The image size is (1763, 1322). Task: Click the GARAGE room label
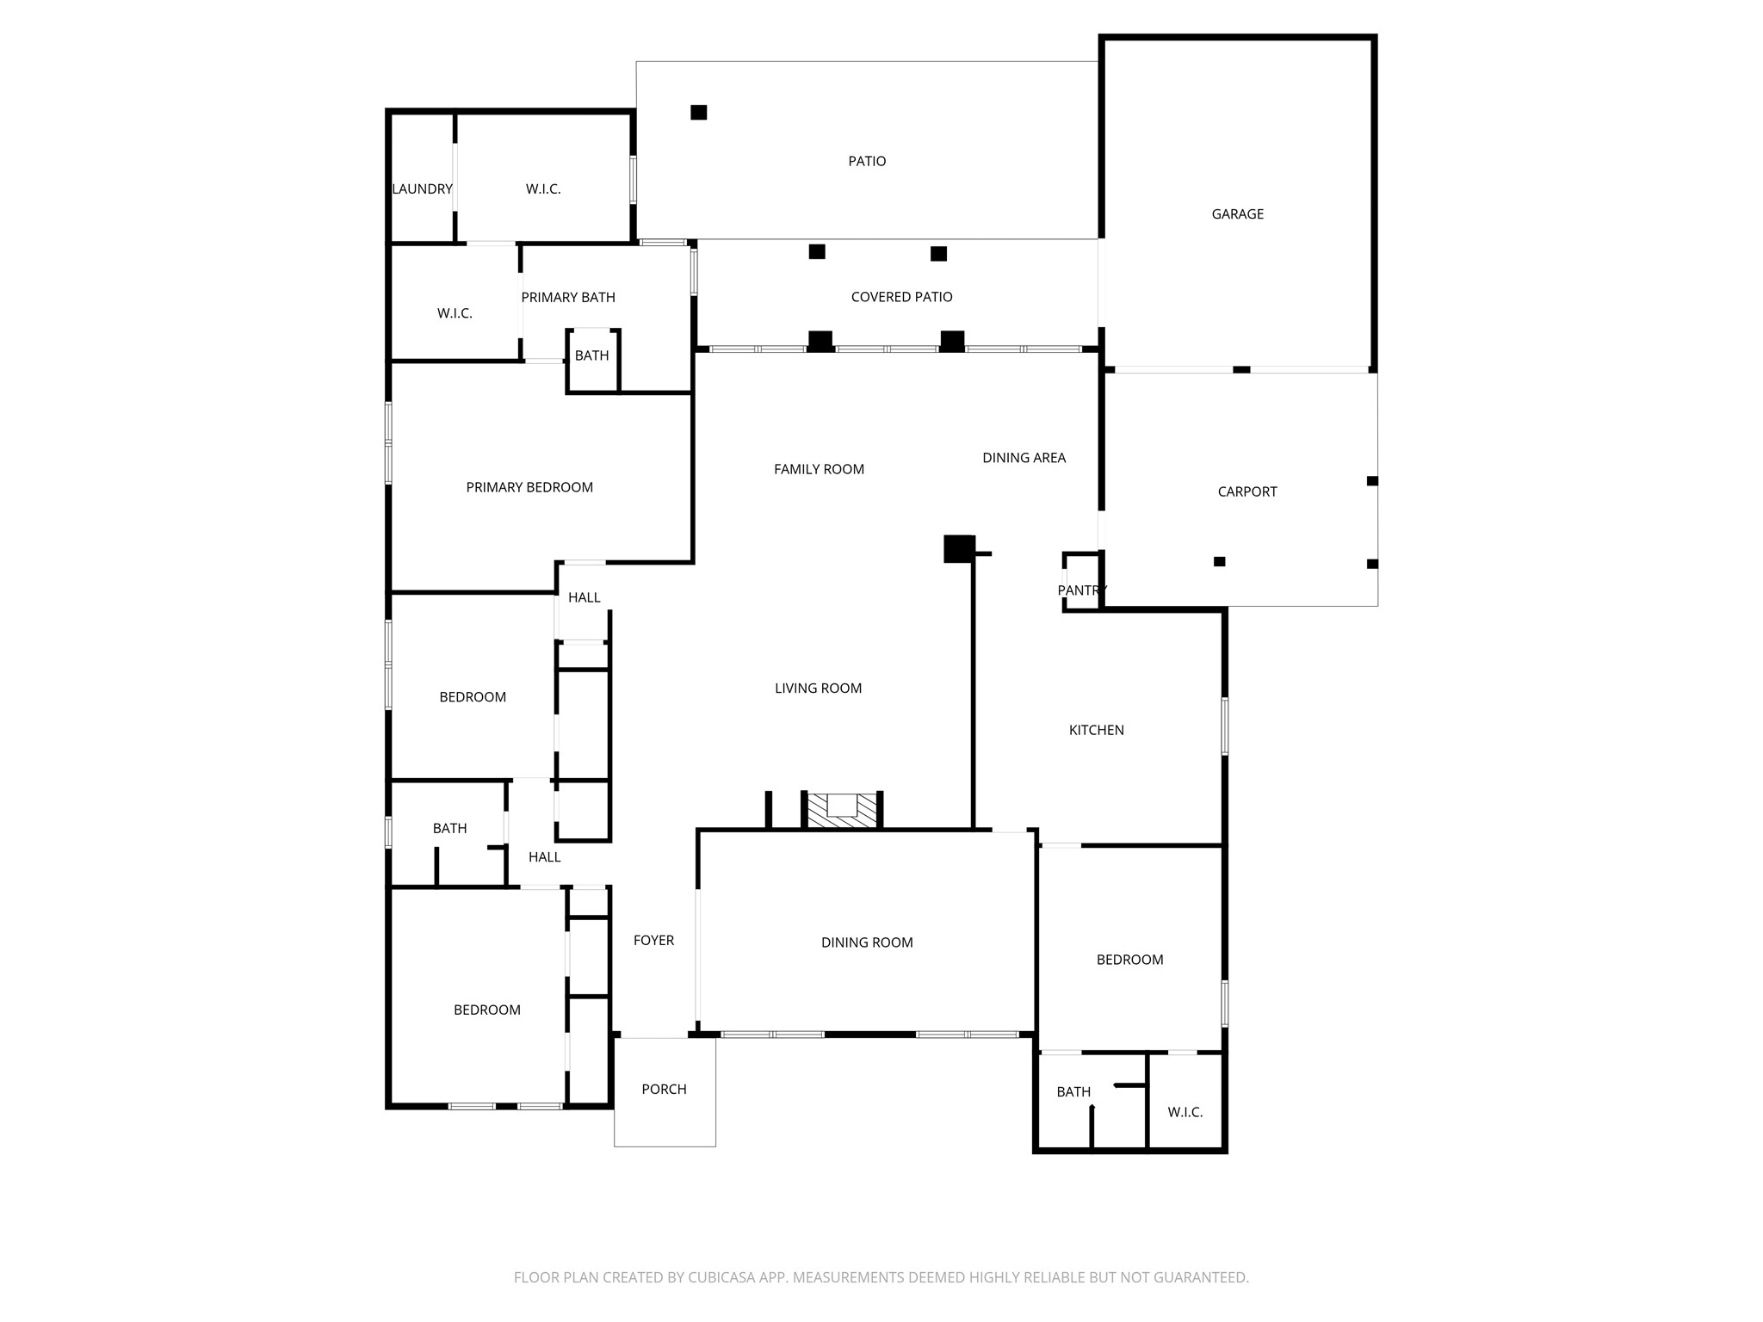pos(1237,214)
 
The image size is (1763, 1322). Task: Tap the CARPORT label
pos(1246,492)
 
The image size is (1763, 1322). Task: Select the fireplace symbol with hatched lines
pos(842,810)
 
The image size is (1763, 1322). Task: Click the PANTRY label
pos(1081,590)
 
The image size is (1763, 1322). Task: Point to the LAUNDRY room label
pos(422,189)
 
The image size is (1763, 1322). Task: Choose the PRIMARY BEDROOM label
pos(529,488)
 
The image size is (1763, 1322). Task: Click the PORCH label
pos(664,1090)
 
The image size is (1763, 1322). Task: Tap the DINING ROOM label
pos(866,943)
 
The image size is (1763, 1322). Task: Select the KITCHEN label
pos(1096,731)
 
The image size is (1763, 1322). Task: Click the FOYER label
pos(653,941)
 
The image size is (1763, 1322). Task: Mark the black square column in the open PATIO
pos(699,113)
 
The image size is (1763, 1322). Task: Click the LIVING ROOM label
pos(818,689)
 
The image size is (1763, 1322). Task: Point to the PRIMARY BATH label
pos(568,298)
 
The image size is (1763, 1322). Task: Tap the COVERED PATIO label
pos(901,297)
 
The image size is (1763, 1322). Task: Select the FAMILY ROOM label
pos(819,470)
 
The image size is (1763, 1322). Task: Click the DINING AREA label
pos(1024,459)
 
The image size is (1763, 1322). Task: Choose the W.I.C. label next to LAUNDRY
pos(543,189)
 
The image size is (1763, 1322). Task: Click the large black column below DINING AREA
pos(958,549)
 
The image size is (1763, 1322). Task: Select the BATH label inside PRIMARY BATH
pos(591,356)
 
